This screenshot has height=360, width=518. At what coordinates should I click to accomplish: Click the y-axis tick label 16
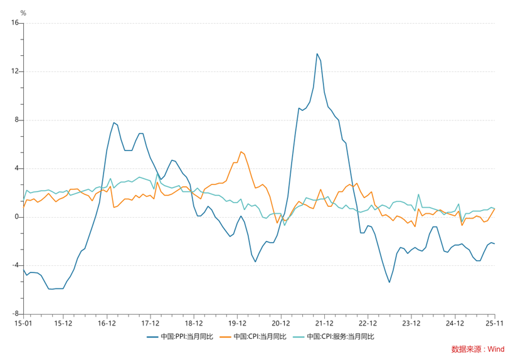click(15, 23)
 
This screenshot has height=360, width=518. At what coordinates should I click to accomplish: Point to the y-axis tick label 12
click(15, 71)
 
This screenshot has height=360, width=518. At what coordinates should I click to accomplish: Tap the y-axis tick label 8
click(17, 120)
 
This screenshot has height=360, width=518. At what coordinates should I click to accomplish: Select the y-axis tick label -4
click(16, 265)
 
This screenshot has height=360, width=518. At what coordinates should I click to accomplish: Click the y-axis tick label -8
click(16, 314)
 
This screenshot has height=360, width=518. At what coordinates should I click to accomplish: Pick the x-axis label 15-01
click(23, 324)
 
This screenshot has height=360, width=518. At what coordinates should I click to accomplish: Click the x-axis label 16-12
click(107, 324)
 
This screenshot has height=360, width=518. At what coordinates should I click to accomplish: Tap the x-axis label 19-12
click(237, 324)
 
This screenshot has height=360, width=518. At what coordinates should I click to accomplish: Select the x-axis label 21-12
click(324, 324)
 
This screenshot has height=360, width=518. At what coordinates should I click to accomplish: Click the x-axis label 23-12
click(411, 324)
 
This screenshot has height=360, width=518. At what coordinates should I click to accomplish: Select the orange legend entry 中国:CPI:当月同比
click(260, 337)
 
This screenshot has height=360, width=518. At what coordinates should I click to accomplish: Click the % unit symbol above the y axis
click(23, 13)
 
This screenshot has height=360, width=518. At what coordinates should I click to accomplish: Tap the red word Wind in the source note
click(497, 349)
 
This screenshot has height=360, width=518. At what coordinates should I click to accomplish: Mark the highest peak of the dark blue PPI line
click(317, 54)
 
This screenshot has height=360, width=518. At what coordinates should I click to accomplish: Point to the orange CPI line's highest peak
click(241, 151)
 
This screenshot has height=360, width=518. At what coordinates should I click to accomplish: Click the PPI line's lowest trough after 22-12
click(389, 282)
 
